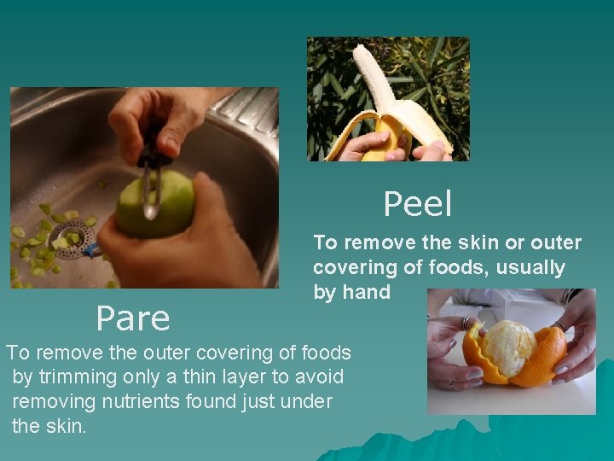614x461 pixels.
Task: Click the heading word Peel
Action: pos(417,204)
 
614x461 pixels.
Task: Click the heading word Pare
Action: pos(133,318)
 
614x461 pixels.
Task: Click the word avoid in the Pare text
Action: pos(319,376)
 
